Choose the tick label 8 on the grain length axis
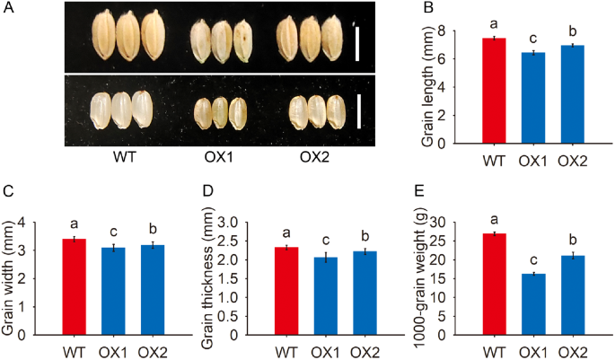[x=465, y=31]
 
